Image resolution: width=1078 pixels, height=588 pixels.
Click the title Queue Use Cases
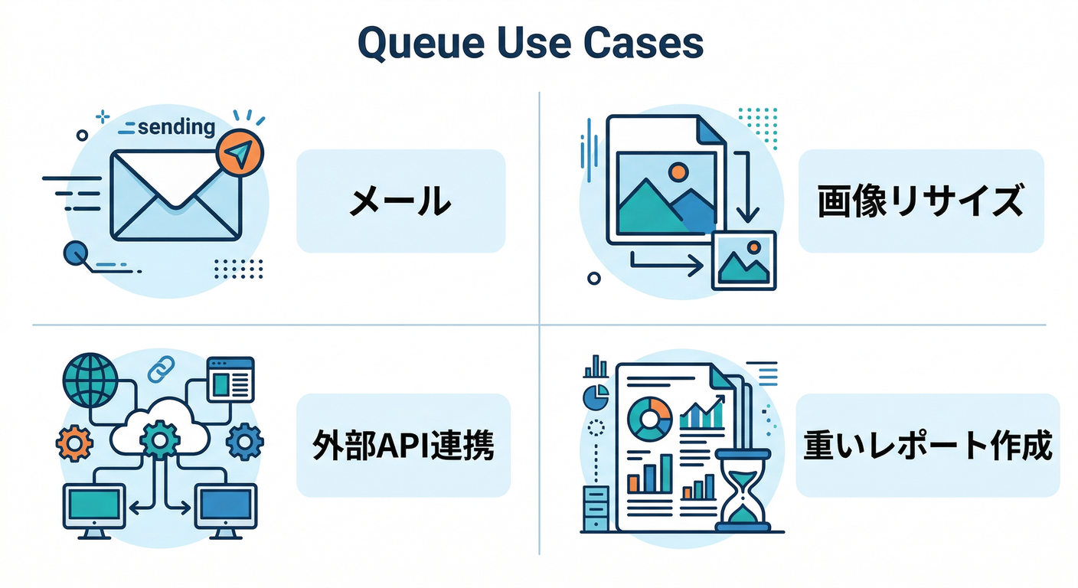pyautogui.click(x=530, y=44)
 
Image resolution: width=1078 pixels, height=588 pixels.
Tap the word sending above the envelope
pyautogui.click(x=175, y=126)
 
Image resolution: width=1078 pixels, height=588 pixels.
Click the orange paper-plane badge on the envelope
pyautogui.click(x=240, y=155)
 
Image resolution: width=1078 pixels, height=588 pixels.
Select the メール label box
pyautogui.click(x=400, y=201)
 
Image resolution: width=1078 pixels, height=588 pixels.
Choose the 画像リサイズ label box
pyautogui.click(x=920, y=201)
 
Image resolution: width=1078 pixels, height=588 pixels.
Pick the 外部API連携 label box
pyautogui.click(x=403, y=446)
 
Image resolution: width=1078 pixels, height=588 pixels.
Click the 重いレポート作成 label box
pyautogui.click(x=927, y=446)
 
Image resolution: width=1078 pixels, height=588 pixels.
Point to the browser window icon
pyautogui.click(x=230, y=378)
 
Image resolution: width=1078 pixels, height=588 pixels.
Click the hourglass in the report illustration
pyautogui.click(x=740, y=490)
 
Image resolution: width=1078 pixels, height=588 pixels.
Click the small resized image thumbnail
pyautogui.click(x=743, y=260)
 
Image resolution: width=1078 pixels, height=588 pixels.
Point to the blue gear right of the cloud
pyautogui.click(x=245, y=441)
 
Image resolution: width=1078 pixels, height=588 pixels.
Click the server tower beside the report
pyautogui.click(x=595, y=506)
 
